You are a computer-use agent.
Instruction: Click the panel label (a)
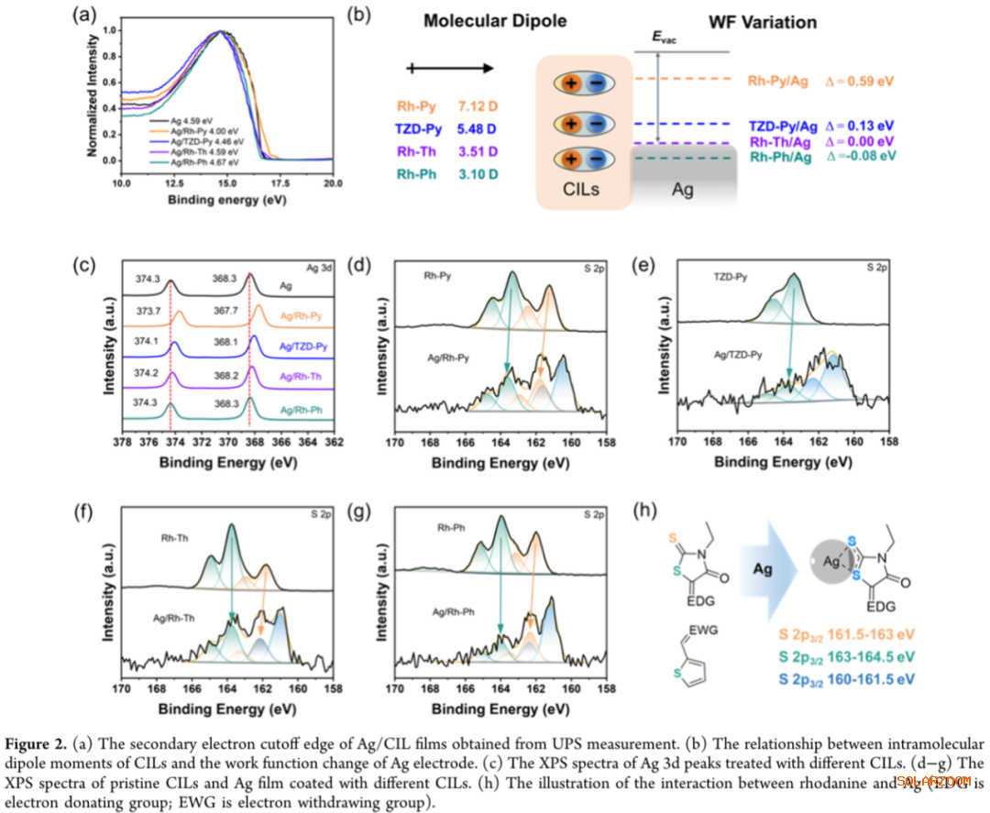coord(87,14)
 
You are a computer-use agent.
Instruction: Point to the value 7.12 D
coord(477,106)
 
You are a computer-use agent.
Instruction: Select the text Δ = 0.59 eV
coord(856,82)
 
